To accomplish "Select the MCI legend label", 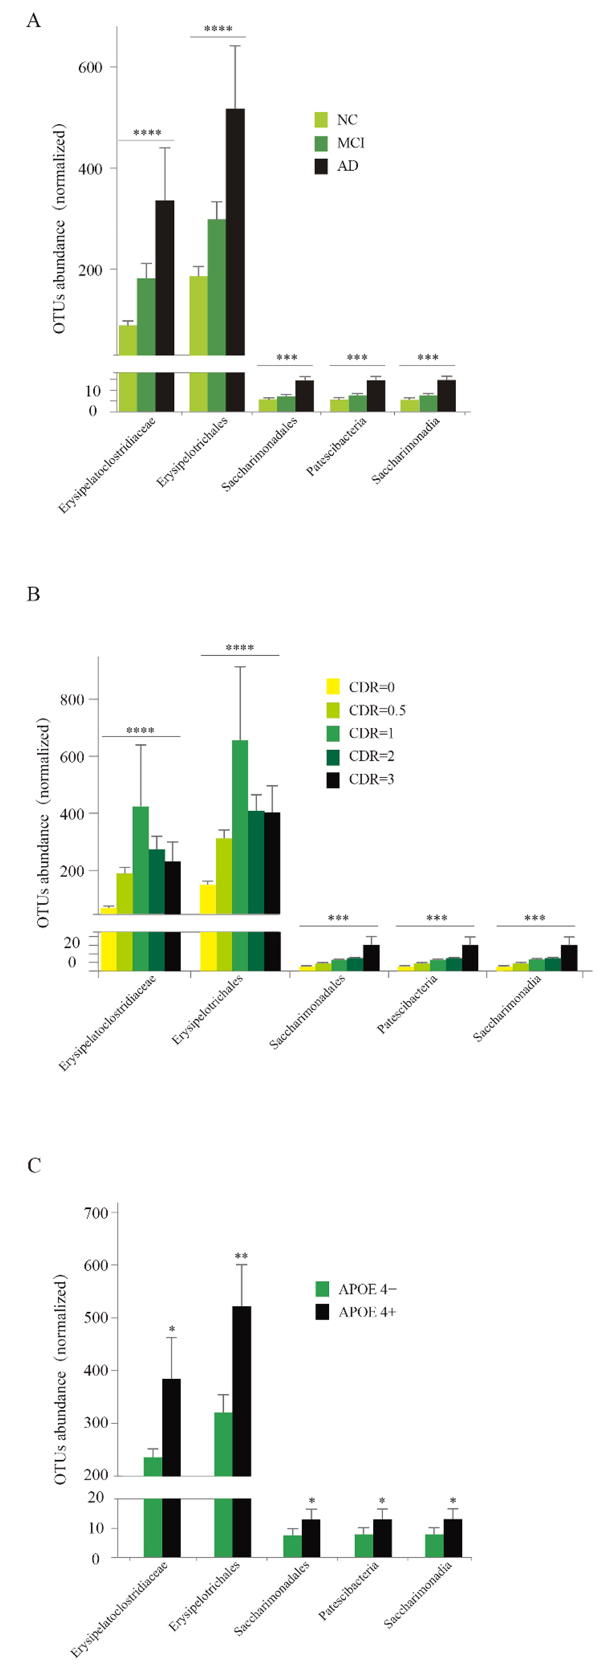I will (350, 143).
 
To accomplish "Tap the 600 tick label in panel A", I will (90, 67).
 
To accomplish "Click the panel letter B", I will (33, 595).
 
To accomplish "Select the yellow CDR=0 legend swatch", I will (333, 687).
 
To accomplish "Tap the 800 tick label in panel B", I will (72, 699).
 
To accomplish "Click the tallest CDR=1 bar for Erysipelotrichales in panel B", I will (239, 827).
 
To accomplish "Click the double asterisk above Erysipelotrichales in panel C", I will (241, 1256).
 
